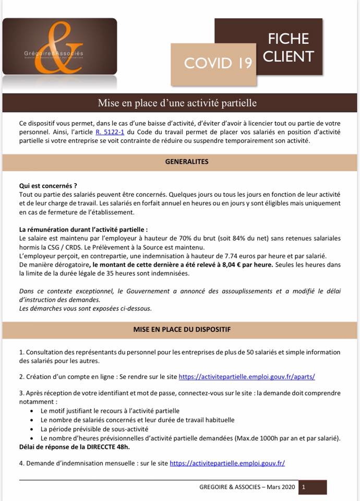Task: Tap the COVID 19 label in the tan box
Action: point(218,63)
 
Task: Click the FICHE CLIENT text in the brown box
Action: point(289,47)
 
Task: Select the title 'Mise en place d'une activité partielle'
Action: point(177,103)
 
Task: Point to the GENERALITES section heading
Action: point(179,162)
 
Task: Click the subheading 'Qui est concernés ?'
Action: point(48,185)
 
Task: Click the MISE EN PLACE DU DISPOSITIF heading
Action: point(179,330)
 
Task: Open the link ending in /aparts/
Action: point(247,376)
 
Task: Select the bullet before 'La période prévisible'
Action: point(32,429)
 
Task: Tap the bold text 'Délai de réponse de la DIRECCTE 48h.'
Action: point(75,447)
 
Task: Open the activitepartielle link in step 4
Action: point(227,463)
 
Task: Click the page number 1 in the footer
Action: point(303,487)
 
